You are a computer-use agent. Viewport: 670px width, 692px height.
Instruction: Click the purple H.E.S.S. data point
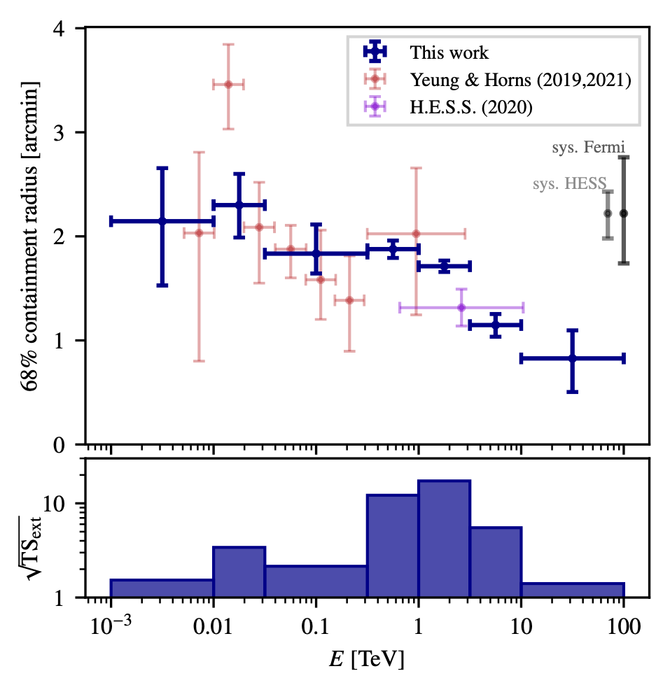461,307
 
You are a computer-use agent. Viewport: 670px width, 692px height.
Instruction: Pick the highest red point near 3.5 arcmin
228,85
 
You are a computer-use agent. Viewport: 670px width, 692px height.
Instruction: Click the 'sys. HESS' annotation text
568,185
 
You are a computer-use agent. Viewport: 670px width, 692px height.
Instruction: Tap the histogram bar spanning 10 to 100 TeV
572,590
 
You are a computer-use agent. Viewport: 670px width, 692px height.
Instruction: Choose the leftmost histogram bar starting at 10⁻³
162,588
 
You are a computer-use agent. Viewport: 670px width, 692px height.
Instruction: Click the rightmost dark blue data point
572,358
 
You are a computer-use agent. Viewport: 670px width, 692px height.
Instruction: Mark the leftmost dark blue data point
162,221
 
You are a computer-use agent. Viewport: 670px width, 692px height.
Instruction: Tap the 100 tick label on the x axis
624,628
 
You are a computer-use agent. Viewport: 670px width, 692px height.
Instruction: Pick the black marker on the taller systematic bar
623,213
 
